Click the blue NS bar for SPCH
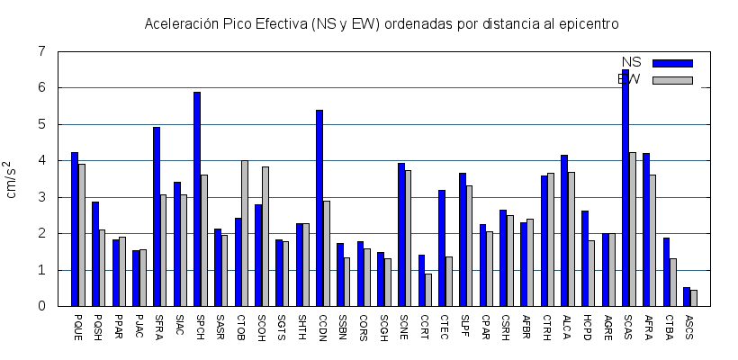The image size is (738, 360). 197,199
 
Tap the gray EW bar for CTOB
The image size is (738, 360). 245,233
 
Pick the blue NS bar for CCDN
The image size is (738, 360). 319,208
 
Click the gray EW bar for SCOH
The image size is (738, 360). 265,236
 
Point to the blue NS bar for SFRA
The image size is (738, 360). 157,216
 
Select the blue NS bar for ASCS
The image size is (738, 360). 687,296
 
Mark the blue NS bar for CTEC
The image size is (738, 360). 442,247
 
